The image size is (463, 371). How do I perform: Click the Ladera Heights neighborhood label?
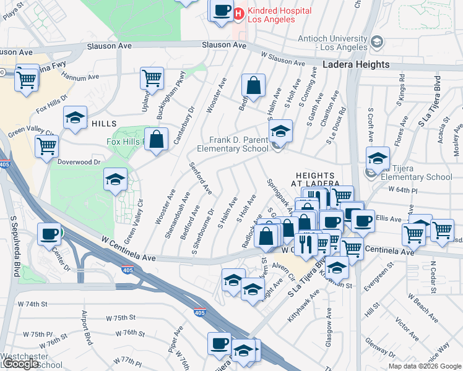tap(357, 64)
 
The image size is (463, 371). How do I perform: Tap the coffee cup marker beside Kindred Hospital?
tap(221, 11)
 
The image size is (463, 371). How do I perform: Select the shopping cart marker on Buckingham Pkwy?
tap(152, 79)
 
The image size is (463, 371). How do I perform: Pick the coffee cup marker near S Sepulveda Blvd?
tap(49, 233)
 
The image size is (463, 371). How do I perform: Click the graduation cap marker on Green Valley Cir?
tap(115, 180)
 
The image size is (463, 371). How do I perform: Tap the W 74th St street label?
tap(33, 304)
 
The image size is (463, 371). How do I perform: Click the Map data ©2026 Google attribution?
tap(424, 366)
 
